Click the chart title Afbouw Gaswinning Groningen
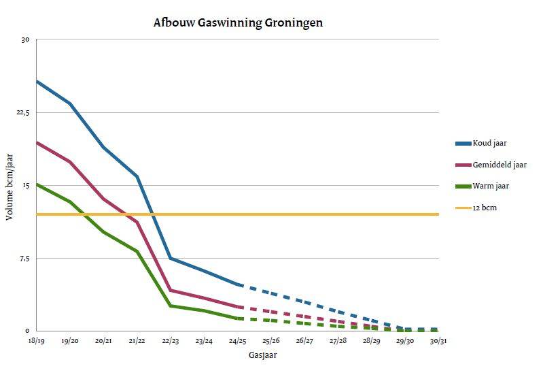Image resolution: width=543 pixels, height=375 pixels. tap(238, 22)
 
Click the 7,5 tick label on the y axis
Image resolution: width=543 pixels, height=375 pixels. tap(24, 258)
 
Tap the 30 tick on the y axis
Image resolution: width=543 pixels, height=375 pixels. tap(25, 39)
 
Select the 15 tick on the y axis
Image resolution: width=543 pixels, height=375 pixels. tap(25, 185)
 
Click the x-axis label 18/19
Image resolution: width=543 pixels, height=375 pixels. tap(36, 340)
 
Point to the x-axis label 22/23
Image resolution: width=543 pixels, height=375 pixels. tap(170, 340)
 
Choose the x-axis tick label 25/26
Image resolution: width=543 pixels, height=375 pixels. tap(270, 340)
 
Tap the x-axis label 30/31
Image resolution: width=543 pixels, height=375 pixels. tap(438, 340)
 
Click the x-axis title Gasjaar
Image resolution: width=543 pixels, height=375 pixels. tap(262, 355)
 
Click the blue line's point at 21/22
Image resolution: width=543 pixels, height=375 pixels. tap(137, 176)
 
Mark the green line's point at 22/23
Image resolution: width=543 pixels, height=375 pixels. tap(170, 306)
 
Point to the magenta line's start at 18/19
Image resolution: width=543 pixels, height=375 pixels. tap(37, 142)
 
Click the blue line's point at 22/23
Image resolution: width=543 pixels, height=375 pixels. tap(170, 258)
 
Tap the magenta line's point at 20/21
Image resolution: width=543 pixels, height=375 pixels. tap(103, 199)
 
